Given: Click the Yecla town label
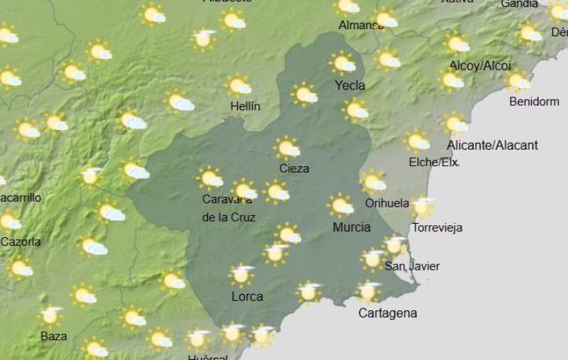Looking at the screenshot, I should point(349,86).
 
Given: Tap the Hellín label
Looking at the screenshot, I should point(246,107).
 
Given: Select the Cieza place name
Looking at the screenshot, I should point(294,169).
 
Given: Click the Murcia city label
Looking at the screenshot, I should point(351,227).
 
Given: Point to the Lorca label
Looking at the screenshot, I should point(247,297).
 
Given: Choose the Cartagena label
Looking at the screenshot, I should point(387,313).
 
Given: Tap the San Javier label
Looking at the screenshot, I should point(412,266).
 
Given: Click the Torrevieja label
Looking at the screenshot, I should point(437,228).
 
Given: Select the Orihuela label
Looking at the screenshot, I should point(387,203).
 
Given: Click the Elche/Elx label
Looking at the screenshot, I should point(433,163).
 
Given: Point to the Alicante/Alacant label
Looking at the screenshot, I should point(492,146).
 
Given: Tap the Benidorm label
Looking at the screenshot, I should point(534,102).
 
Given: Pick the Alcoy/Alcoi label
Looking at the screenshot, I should point(480,66).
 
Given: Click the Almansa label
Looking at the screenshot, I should point(361,26).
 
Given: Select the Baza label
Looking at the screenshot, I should point(54,336).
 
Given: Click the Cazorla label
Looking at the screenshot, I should point(21,242).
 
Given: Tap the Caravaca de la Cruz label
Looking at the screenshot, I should point(229,209).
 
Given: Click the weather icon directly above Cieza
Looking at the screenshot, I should point(288,148).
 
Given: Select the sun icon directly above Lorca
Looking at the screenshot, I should point(241,273).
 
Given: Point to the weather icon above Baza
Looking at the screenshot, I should point(51,315).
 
